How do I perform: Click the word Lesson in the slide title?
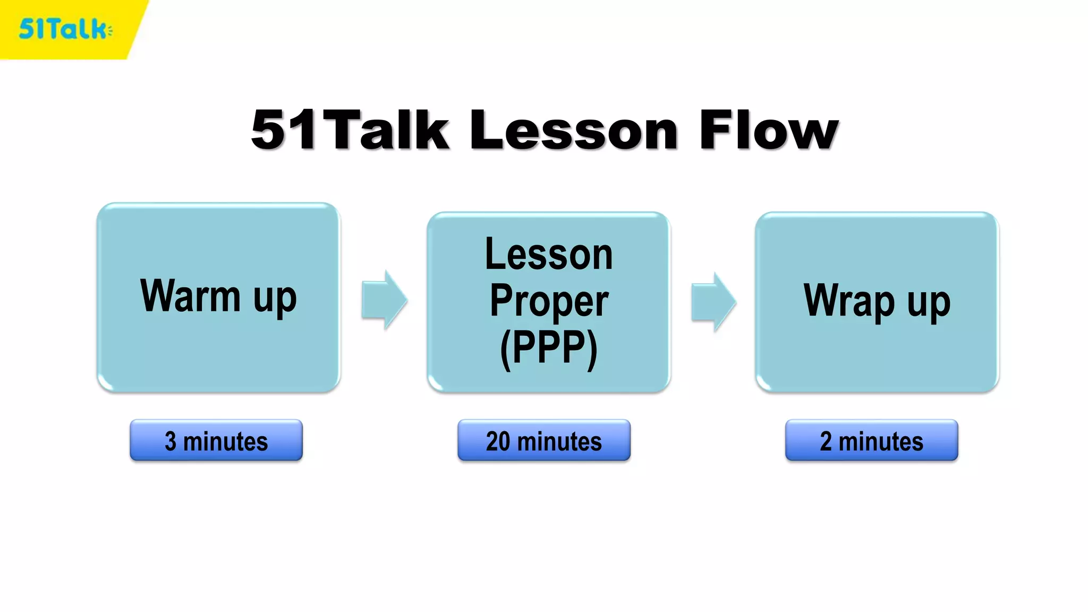click(x=574, y=130)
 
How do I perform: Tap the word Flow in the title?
click(x=769, y=130)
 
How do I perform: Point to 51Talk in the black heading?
click(x=351, y=130)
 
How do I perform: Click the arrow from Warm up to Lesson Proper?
click(x=384, y=300)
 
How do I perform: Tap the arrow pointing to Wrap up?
click(x=713, y=302)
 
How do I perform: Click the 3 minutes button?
click(x=216, y=440)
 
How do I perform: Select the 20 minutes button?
click(x=544, y=440)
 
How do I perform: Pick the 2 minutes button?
click(x=872, y=440)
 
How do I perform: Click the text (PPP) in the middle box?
click(x=549, y=348)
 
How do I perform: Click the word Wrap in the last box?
click(x=849, y=301)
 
